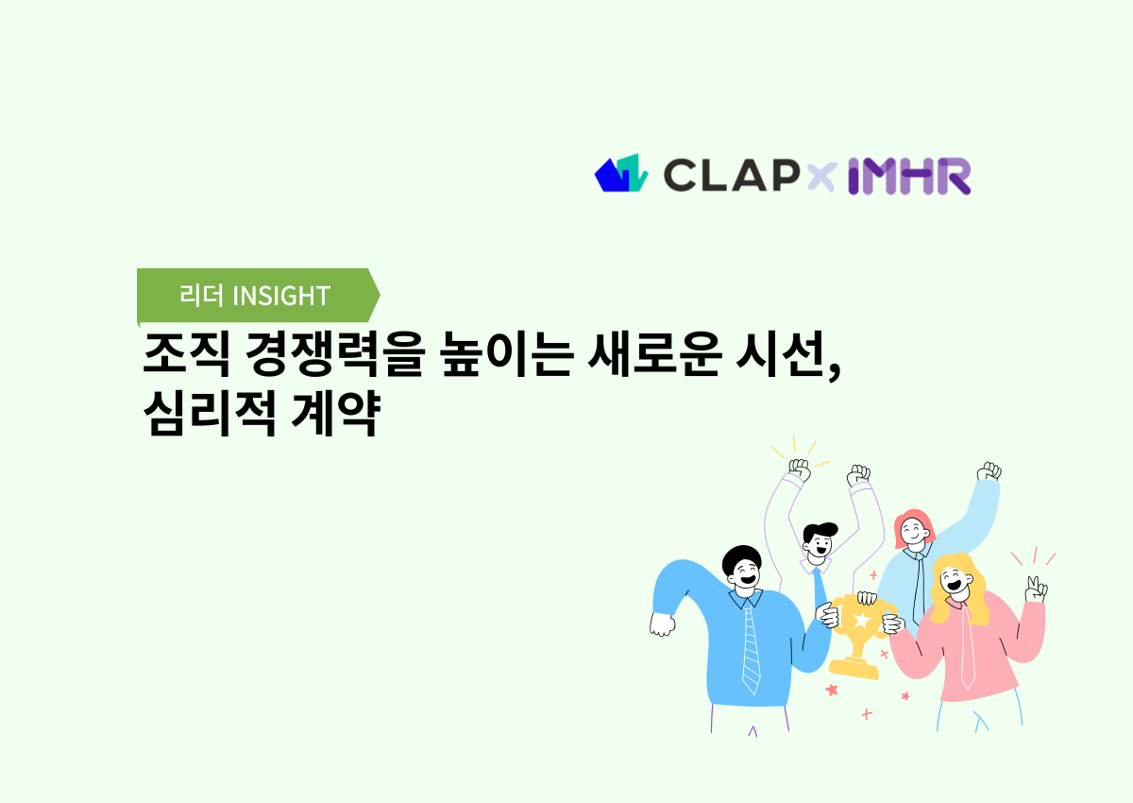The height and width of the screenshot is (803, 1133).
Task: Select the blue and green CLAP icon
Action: point(620,174)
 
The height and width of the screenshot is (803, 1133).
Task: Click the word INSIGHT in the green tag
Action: point(280,296)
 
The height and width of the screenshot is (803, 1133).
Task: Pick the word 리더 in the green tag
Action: point(201,296)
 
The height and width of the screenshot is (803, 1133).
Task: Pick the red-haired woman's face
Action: point(913,533)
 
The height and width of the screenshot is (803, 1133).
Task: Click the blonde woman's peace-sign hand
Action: point(1036,589)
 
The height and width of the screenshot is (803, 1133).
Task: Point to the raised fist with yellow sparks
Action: point(800,470)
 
